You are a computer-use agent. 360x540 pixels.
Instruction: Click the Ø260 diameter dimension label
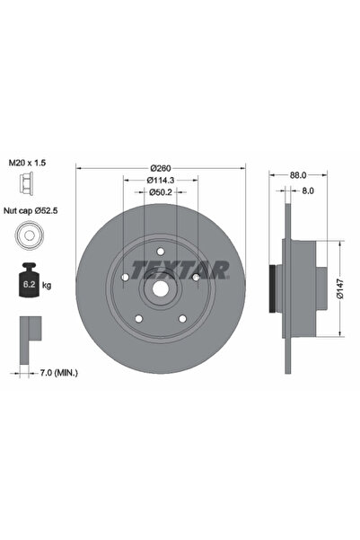(x=161, y=168)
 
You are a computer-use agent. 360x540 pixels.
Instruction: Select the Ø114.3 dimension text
(x=161, y=180)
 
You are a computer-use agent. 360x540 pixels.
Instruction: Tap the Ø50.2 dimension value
(x=161, y=191)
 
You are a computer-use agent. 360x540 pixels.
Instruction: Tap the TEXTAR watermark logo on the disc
(x=180, y=268)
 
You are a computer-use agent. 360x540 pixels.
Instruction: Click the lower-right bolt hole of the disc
(x=181, y=316)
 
